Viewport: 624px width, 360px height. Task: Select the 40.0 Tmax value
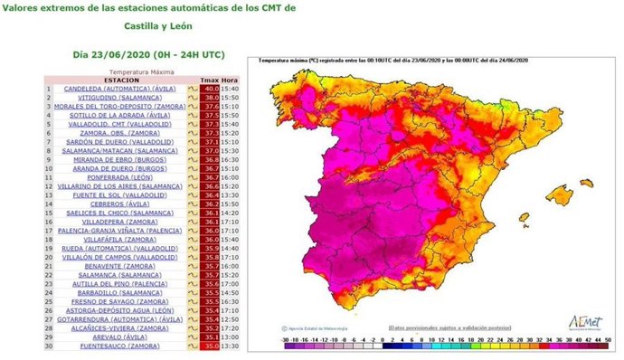tap(209, 89)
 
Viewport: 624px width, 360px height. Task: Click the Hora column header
tap(232, 80)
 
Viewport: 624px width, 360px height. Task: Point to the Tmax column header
tap(209, 80)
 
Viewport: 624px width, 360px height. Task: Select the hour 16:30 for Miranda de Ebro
tap(232, 159)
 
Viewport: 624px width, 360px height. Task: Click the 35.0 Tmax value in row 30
tap(209, 345)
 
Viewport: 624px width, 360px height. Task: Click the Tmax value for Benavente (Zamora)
tap(209, 265)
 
